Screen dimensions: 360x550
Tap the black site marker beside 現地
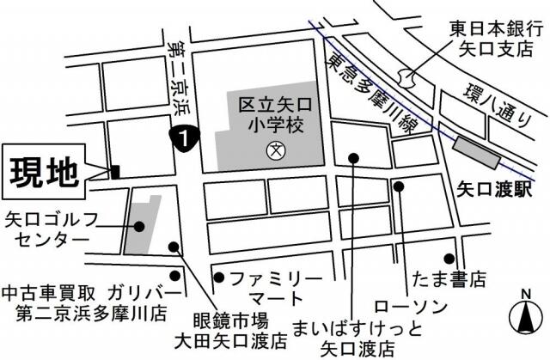pyautogui.click(x=115, y=172)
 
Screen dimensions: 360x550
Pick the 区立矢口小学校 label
pyautogui.click(x=275, y=114)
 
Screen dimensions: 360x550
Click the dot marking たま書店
pyautogui.click(x=449, y=258)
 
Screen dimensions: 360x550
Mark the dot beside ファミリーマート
pyautogui.click(x=219, y=277)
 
